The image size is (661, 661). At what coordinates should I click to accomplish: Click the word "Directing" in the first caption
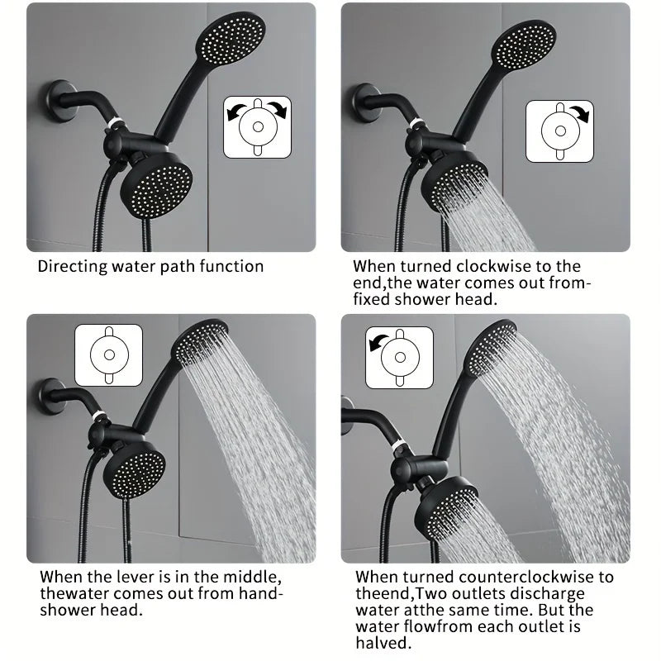point(73,267)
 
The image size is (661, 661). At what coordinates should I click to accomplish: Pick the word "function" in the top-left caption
point(231,266)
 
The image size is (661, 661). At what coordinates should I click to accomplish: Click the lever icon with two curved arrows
point(257,127)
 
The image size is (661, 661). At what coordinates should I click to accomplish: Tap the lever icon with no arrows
point(109,355)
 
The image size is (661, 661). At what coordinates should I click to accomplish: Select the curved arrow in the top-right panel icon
point(581,112)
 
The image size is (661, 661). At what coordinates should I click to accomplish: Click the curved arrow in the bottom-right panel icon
point(377,341)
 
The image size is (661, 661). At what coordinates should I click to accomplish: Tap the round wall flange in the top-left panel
point(60,102)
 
